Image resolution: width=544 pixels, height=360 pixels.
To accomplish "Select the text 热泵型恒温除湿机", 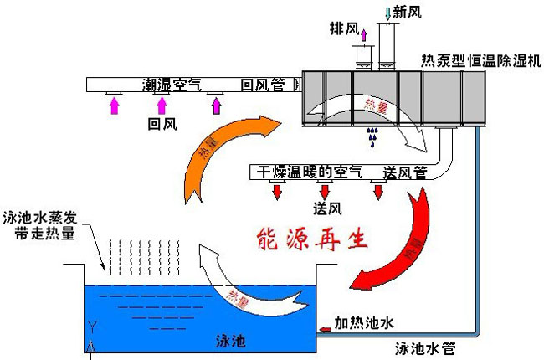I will (x=483, y=60).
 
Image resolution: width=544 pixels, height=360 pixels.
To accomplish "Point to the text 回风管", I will (x=262, y=85).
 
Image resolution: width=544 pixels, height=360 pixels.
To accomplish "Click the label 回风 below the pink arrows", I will (x=162, y=124).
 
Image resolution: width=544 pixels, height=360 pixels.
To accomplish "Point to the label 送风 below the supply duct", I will (x=326, y=208).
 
